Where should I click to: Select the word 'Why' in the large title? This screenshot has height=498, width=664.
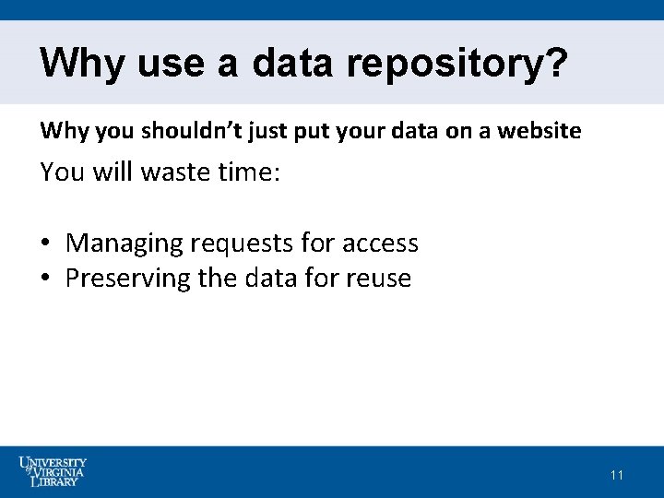83,64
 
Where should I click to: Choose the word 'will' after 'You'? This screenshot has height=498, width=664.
113,172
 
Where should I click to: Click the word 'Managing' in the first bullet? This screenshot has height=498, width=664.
124,244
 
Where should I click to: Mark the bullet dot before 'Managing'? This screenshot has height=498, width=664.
45,244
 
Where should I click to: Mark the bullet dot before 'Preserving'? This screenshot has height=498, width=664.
45,279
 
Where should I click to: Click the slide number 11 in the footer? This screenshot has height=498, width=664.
617,475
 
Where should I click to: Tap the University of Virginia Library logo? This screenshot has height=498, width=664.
53,471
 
